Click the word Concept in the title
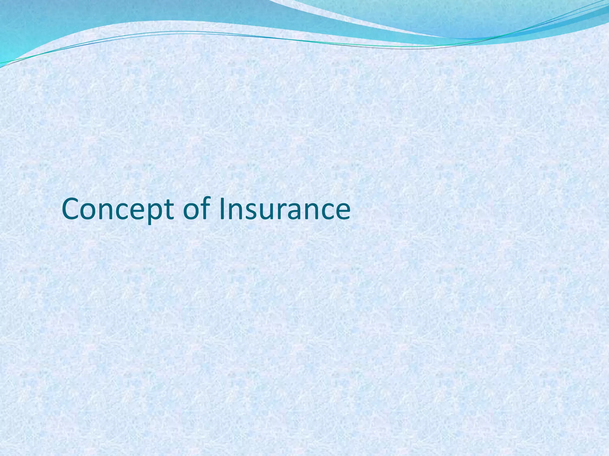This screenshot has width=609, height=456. coord(118,209)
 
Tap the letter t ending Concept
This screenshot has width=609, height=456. coord(169,210)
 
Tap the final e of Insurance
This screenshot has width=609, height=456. coord(342,211)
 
